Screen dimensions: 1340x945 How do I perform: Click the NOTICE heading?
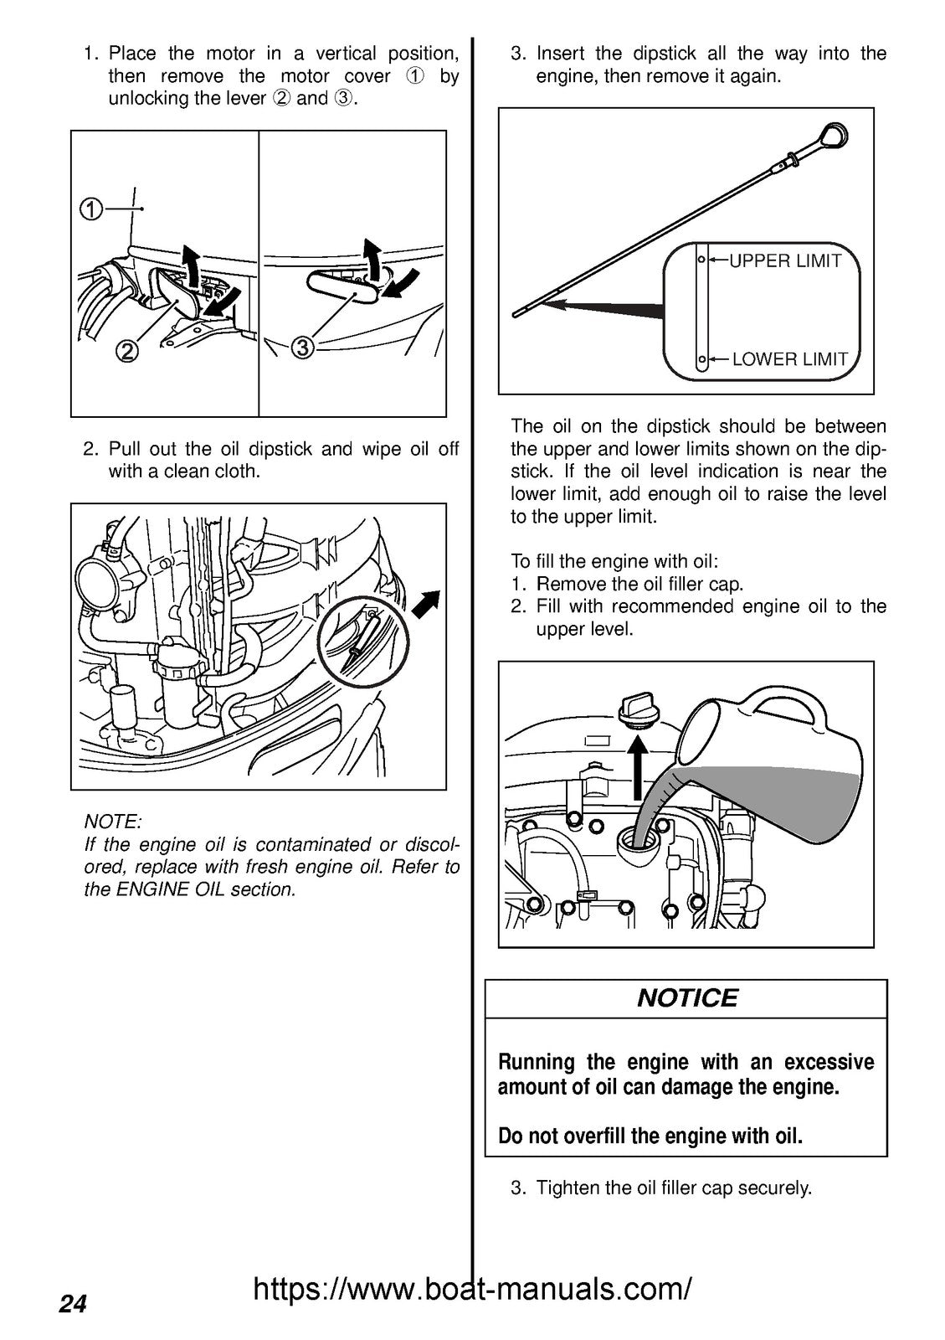[686, 997]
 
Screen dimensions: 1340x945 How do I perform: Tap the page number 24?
[73, 1304]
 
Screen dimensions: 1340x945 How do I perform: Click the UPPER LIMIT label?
[784, 260]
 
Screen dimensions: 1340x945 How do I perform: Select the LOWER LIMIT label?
[789, 359]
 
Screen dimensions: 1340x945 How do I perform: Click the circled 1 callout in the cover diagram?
[90, 209]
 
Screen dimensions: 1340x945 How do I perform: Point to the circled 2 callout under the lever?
[126, 352]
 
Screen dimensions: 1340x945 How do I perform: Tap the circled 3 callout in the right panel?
[303, 346]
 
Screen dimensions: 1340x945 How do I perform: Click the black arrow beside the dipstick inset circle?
[428, 602]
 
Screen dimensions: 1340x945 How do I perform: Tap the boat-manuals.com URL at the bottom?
[472, 1289]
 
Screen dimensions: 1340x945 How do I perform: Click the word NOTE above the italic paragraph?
[112, 822]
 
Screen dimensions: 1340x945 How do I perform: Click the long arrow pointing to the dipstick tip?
[603, 308]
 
